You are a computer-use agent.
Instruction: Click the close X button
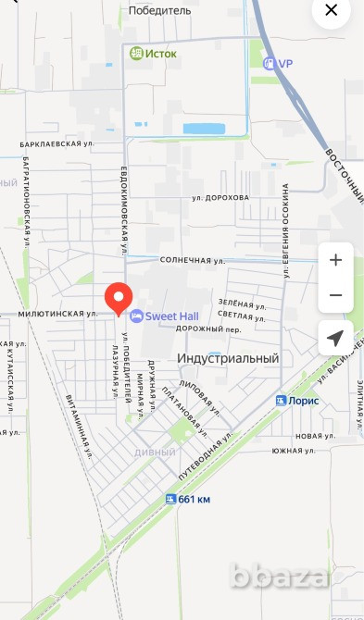pyautogui.click(x=331, y=14)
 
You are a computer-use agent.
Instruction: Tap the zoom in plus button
pyautogui.click(x=335, y=260)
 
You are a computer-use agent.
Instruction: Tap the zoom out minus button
pyautogui.click(x=335, y=295)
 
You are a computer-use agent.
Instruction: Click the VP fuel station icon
pyautogui.click(x=268, y=63)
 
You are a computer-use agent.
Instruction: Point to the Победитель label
pyautogui.click(x=158, y=10)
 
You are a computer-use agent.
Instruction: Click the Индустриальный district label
pyautogui.click(x=228, y=358)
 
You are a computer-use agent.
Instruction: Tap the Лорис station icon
pyautogui.click(x=281, y=400)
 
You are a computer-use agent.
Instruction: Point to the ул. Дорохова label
pyautogui.click(x=220, y=197)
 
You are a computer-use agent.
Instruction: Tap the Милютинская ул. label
pyautogui.click(x=56, y=314)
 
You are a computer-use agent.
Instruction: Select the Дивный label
pyautogui.click(x=155, y=453)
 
